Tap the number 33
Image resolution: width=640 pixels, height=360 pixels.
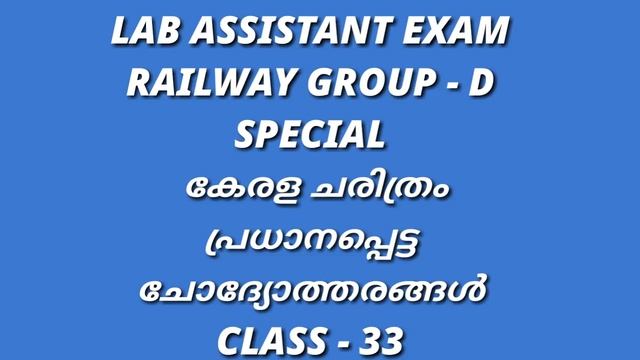coord(403,341)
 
